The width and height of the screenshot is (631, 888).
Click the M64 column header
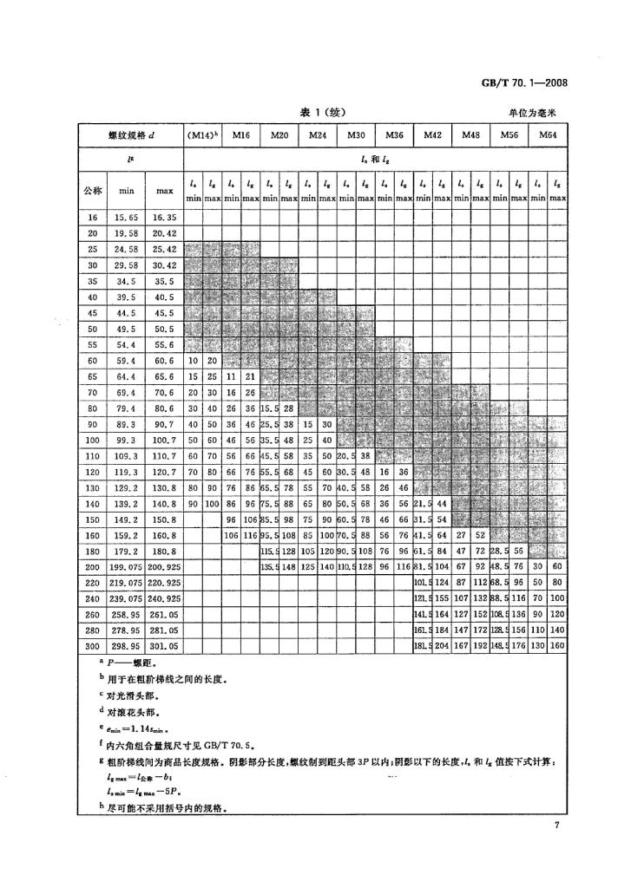pos(548,135)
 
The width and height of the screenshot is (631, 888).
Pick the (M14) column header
pos(202,135)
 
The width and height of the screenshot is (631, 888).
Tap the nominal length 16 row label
pos(92,217)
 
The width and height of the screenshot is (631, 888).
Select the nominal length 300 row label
pos(92,646)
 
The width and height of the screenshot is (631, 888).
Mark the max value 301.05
pos(164,646)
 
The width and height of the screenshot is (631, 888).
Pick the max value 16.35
pos(164,217)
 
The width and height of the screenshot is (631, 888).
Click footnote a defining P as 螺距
pos(127,665)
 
